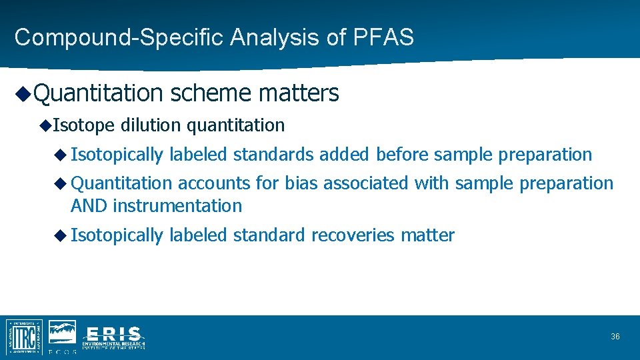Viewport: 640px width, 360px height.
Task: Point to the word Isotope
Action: coord(84,125)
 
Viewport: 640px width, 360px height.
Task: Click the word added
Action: coord(344,155)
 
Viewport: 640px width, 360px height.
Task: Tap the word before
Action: coord(403,155)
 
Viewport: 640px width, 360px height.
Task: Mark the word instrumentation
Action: coord(177,206)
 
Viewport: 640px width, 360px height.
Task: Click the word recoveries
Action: coord(353,235)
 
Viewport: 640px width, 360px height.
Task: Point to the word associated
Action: coord(367,183)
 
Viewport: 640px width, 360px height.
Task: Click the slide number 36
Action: coord(615,337)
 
